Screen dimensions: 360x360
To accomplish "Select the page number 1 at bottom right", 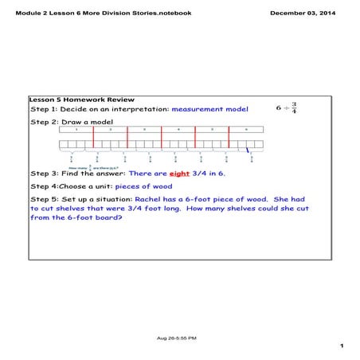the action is [x=340, y=346].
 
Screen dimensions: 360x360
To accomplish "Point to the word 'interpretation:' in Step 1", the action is [x=140, y=108].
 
